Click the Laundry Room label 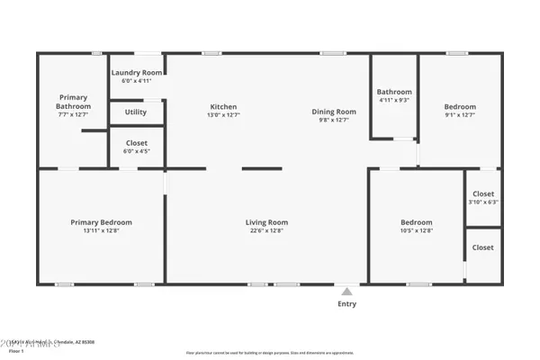pos(137,72)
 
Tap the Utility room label pos(136,112)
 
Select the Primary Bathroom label pos(72,102)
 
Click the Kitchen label pos(223,107)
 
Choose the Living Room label pos(266,222)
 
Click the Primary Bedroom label pos(102,222)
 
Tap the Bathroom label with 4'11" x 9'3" pos(394,92)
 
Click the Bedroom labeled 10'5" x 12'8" pos(416,222)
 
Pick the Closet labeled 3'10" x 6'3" pos(483,193)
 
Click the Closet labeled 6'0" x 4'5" pos(137,143)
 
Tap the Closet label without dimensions pos(483,247)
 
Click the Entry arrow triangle pos(346,291)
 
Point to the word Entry pos(346,304)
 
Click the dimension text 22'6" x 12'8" pos(266,230)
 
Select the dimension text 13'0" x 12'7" pos(223,115)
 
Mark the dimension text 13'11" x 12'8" pos(102,230)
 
